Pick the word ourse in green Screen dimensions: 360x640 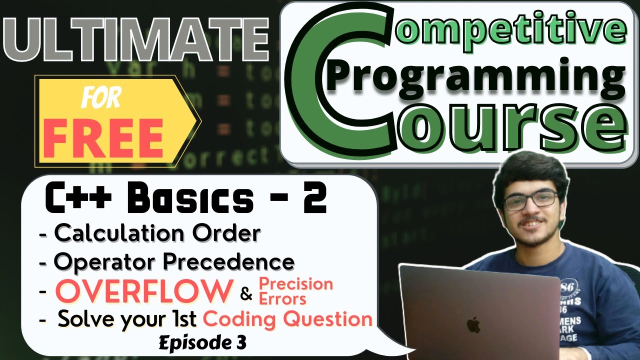click(505, 122)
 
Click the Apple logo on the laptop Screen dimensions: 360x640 click(473, 324)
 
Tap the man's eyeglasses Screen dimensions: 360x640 click(531, 200)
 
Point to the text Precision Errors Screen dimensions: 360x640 click(295, 291)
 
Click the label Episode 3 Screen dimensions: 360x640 click(202, 343)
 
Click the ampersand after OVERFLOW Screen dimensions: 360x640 click(246, 294)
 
